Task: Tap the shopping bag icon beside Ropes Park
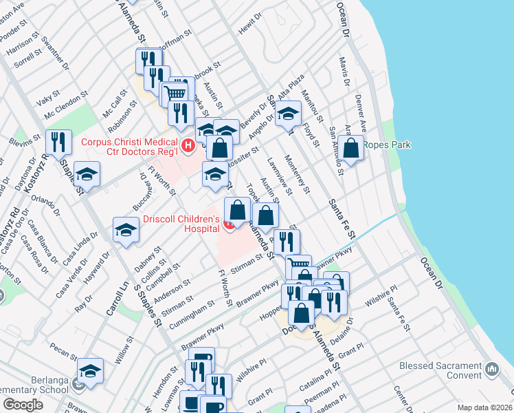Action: [351, 148]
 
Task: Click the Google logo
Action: [23, 405]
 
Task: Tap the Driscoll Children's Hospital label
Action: [180, 225]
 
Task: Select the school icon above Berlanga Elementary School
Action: [90, 370]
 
